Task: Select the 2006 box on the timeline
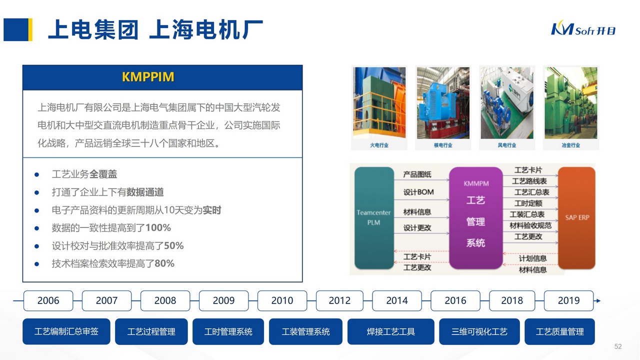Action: pos(48,300)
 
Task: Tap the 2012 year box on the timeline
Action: pos(339,300)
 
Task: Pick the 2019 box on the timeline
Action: pos(568,300)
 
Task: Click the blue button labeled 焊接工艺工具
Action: pos(390,331)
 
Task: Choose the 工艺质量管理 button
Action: pos(559,331)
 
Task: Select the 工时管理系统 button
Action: pos(228,331)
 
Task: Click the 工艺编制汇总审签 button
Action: pos(66,331)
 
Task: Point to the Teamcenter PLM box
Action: pos(373,217)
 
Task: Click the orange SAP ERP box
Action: pos(577,217)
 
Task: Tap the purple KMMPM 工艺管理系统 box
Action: pos(475,217)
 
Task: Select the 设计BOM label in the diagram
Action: pos(418,192)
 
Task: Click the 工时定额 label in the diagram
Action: pos(528,203)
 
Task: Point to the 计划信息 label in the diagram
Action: pos(532,258)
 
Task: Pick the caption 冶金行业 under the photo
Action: pos(570,145)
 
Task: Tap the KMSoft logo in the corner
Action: pos(583,29)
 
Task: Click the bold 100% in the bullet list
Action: pos(158,228)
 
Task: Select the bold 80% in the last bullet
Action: pos(164,263)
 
